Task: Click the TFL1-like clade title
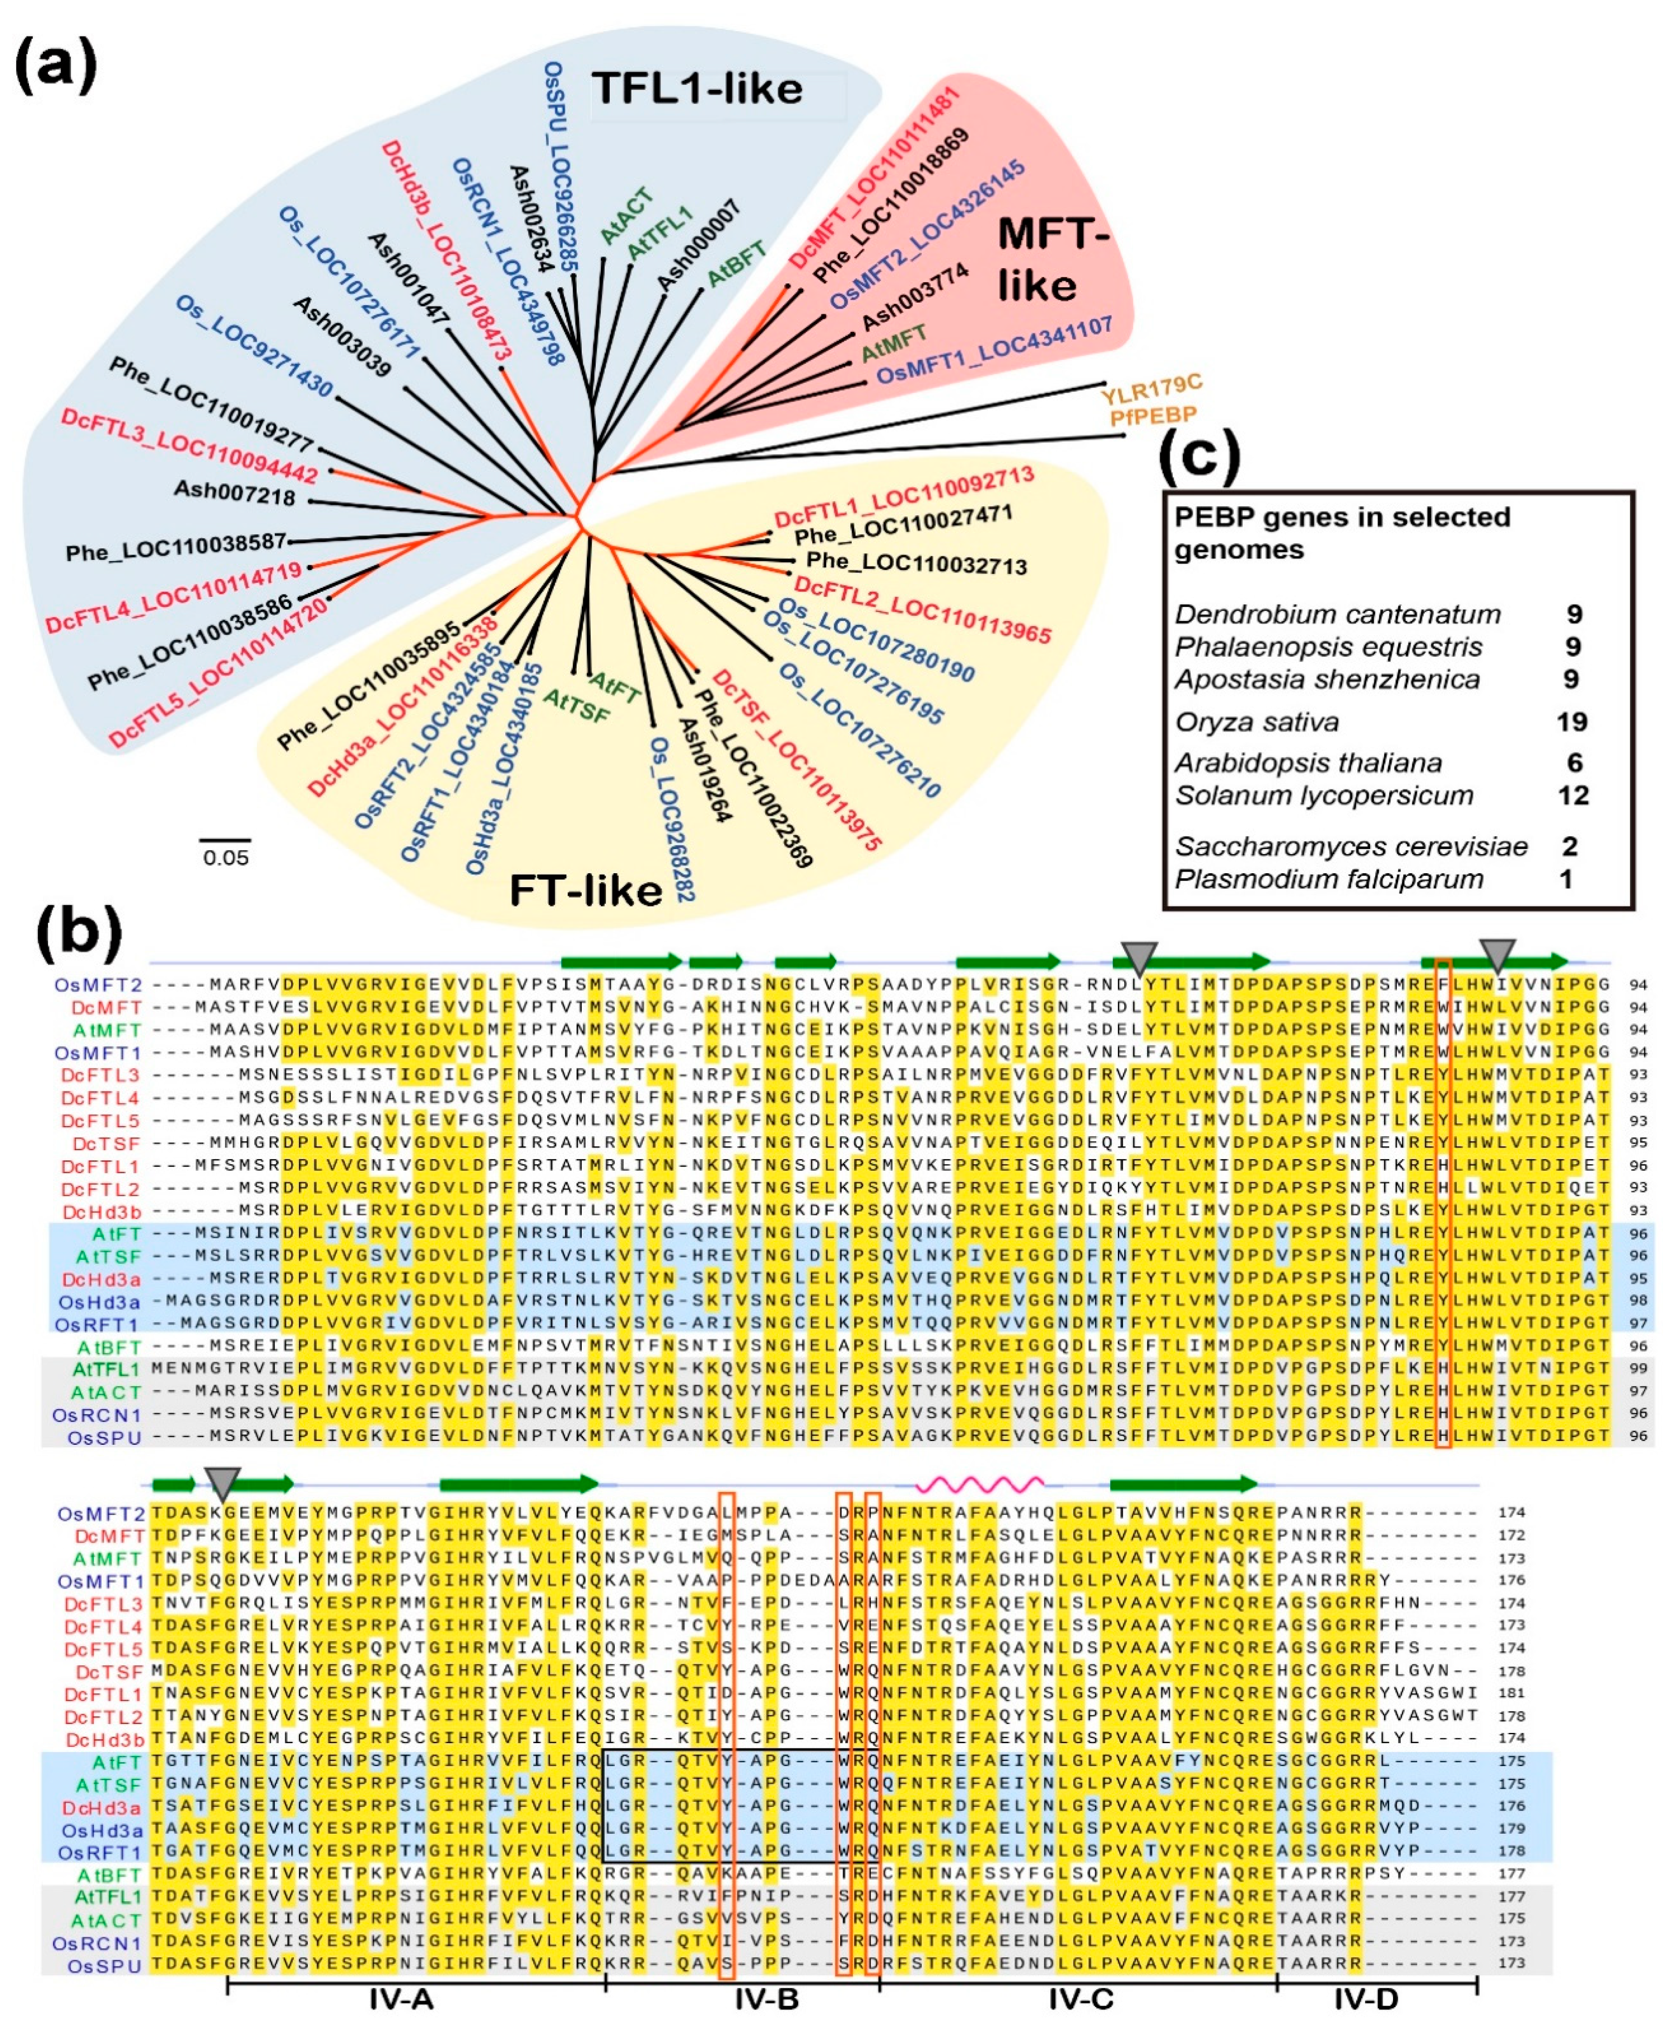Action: (697, 90)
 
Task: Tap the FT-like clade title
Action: (585, 890)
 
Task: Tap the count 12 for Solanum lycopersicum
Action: (1573, 796)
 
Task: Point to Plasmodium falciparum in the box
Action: (1328, 879)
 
